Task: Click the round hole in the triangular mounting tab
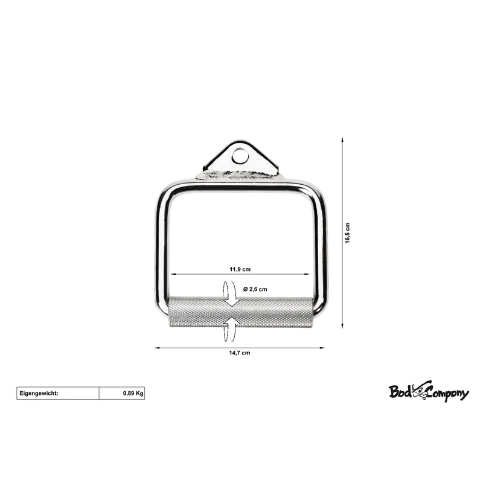pyautogui.click(x=240, y=156)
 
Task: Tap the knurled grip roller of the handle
pyautogui.click(x=241, y=312)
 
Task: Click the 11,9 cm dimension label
pyautogui.click(x=240, y=269)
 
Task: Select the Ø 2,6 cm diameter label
pyautogui.click(x=255, y=289)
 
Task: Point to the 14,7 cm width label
pyautogui.click(x=240, y=353)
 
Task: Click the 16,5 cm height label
pyautogui.click(x=348, y=233)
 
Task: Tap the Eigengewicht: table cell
pyautogui.click(x=58, y=394)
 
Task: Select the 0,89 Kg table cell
pyautogui.click(x=122, y=394)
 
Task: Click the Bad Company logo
pyautogui.click(x=429, y=391)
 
